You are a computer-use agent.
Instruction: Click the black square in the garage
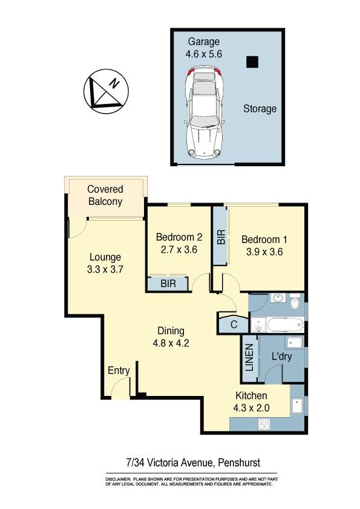tap(252, 62)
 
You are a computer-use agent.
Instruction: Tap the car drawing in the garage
tap(204, 112)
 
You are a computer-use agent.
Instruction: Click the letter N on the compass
tap(114, 83)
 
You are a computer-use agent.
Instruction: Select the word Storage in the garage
tap(260, 109)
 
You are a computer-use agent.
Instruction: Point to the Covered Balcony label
tap(105, 195)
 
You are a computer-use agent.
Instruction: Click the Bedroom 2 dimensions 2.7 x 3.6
tap(179, 250)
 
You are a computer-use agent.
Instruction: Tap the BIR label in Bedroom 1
tap(221, 237)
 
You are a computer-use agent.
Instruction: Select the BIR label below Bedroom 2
tap(168, 284)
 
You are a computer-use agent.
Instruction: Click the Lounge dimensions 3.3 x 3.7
tap(105, 269)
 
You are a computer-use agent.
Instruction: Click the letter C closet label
tap(234, 325)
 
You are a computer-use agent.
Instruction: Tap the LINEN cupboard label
tap(249, 357)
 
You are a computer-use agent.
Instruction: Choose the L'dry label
tap(282, 357)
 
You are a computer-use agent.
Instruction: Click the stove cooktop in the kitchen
tap(264, 424)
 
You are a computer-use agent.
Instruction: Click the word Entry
tap(119, 371)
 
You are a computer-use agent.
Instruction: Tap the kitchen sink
tap(297, 406)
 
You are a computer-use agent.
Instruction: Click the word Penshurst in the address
tap(239, 462)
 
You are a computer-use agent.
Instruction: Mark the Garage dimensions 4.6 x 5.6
tap(204, 54)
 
